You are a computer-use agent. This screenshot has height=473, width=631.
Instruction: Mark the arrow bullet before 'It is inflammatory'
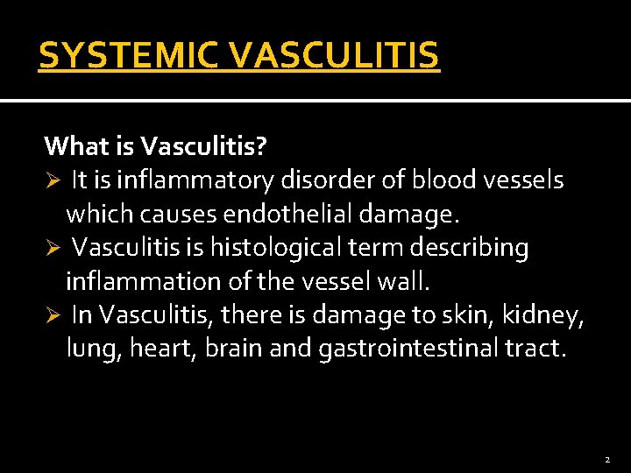tap(52, 181)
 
